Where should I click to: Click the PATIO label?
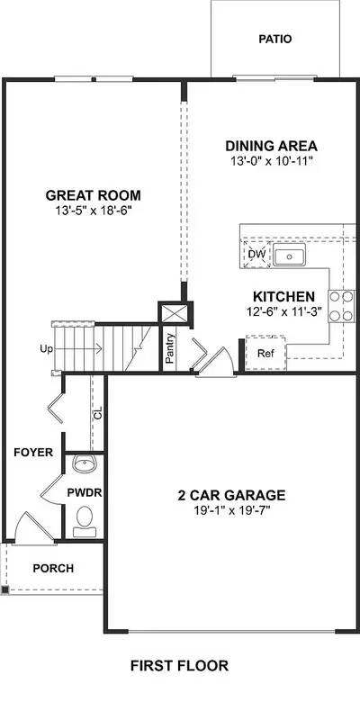(x=275, y=40)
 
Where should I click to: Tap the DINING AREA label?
(x=271, y=146)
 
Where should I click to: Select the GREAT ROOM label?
(x=94, y=195)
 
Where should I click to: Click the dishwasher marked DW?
(x=256, y=256)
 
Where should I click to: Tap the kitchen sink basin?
(x=290, y=256)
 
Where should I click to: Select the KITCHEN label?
(x=283, y=296)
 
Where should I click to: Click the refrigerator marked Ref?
(x=265, y=353)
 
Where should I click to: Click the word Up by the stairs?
(x=44, y=347)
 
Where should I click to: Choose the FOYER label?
(x=32, y=453)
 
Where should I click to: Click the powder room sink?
(x=85, y=465)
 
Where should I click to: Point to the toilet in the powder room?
(x=85, y=518)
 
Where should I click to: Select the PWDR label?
(x=85, y=492)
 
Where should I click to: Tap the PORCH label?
(x=53, y=569)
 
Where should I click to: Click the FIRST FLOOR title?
(x=179, y=666)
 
